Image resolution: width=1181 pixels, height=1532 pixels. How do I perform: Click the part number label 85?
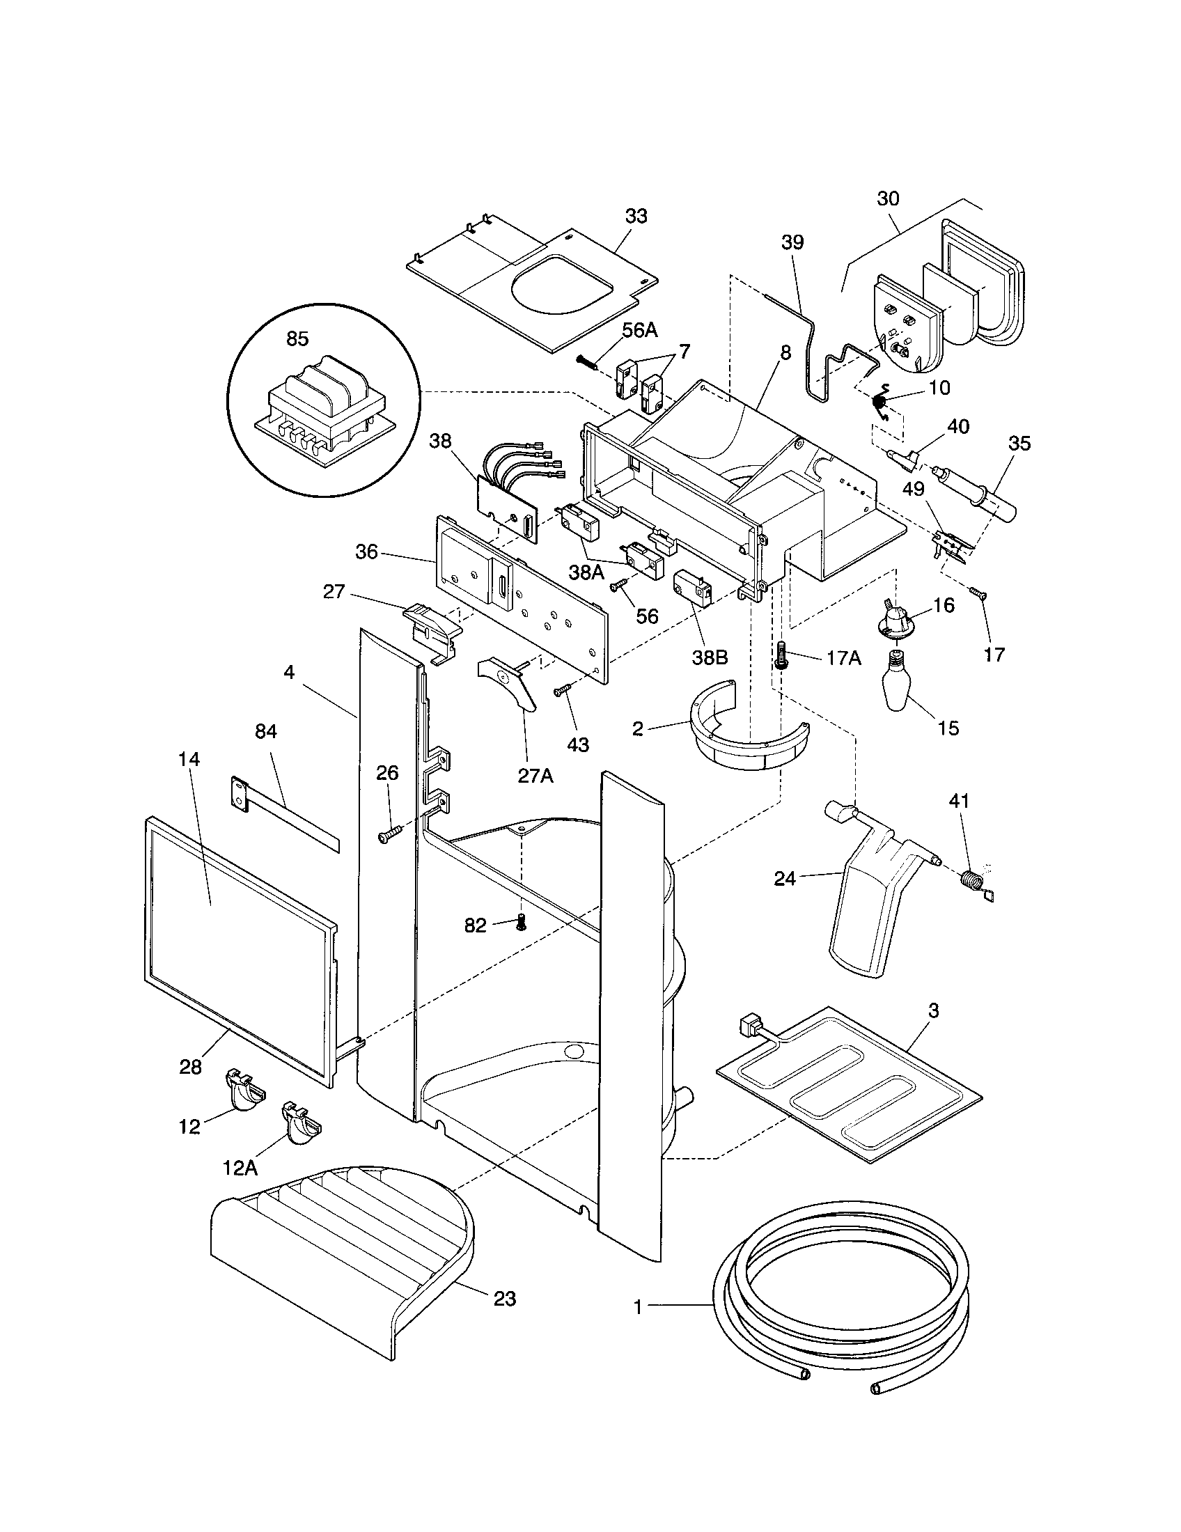pos(297,339)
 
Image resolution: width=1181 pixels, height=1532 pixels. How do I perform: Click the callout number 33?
pos(636,216)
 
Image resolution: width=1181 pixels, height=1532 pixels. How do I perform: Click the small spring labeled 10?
pos(879,402)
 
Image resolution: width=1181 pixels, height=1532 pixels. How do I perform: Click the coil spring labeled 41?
pos(972,878)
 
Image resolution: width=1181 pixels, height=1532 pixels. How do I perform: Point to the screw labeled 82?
pos(520,924)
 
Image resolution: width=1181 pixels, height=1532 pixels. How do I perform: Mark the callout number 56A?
pos(639,330)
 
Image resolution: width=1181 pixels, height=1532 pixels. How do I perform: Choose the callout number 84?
pos(266,732)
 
